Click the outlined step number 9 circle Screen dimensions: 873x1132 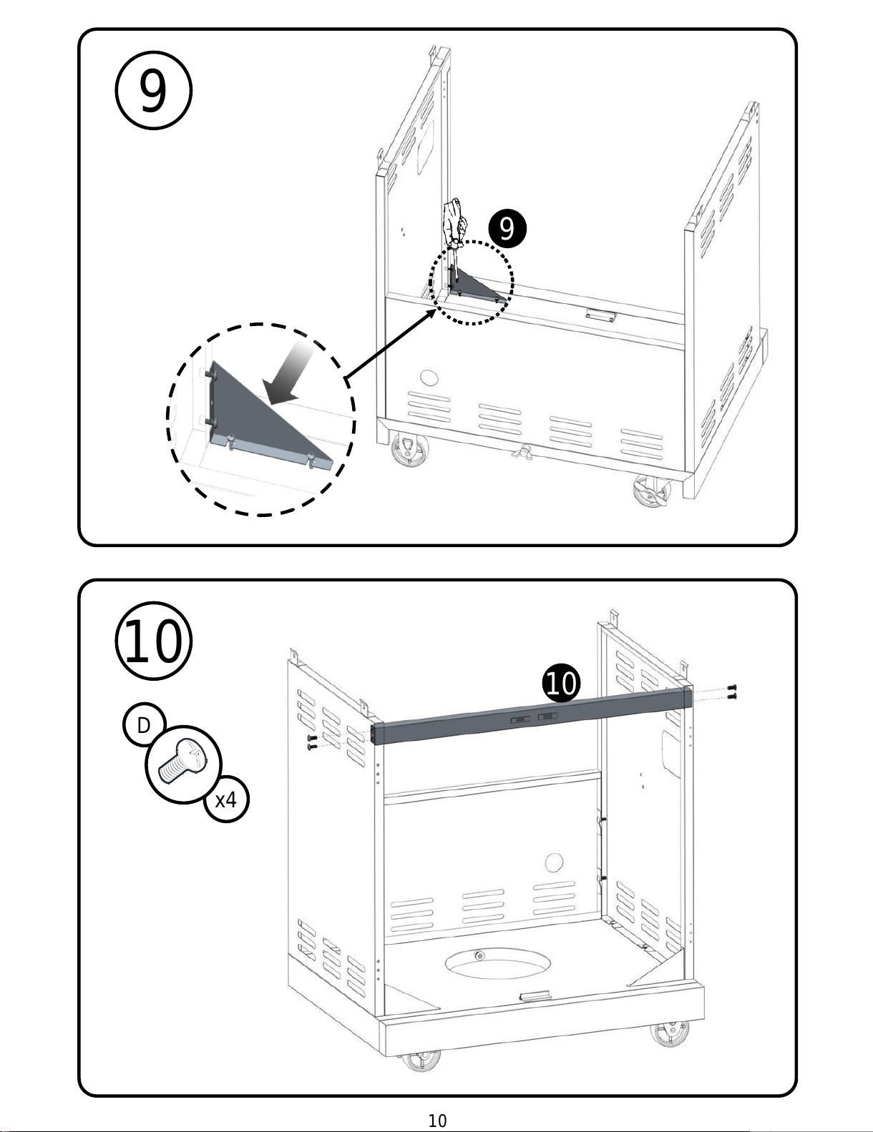click(153, 92)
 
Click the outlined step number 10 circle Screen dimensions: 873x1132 click(153, 641)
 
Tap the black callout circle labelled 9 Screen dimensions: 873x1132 click(507, 229)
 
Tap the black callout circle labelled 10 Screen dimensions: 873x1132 click(561, 684)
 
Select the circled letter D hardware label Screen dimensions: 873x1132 click(144, 725)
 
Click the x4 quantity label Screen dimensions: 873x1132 click(225, 799)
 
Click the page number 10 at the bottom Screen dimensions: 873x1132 click(437, 1121)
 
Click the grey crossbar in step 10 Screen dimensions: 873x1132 click(530, 716)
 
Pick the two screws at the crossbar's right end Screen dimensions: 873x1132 click(731, 691)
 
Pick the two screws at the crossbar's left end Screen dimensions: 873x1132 click(311, 742)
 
